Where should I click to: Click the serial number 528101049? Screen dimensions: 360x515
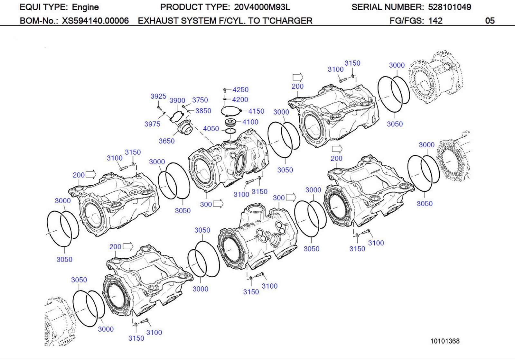[x=449, y=7]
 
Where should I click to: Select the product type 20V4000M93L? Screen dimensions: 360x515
[x=262, y=7]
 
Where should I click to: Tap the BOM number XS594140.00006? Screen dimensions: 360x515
[x=95, y=21]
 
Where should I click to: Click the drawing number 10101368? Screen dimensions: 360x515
[x=445, y=341]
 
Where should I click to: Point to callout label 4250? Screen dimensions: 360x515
[x=240, y=90]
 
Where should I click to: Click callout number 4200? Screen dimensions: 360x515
[x=240, y=100]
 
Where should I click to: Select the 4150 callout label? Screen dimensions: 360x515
[x=256, y=111]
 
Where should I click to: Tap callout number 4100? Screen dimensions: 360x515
[x=250, y=122]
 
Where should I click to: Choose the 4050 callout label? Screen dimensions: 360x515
[x=211, y=129]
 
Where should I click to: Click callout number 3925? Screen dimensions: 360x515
[x=158, y=96]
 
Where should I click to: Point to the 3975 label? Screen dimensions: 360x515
[x=152, y=124]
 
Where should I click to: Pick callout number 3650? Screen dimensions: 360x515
[x=166, y=141]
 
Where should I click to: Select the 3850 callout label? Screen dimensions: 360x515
[x=203, y=111]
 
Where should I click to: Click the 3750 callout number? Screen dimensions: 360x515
[x=200, y=100]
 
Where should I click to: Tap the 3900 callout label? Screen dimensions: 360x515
[x=177, y=100]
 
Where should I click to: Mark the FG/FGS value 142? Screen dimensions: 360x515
[x=435, y=21]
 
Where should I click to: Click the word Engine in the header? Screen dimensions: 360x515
[x=85, y=7]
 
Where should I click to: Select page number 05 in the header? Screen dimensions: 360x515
[x=490, y=21]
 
